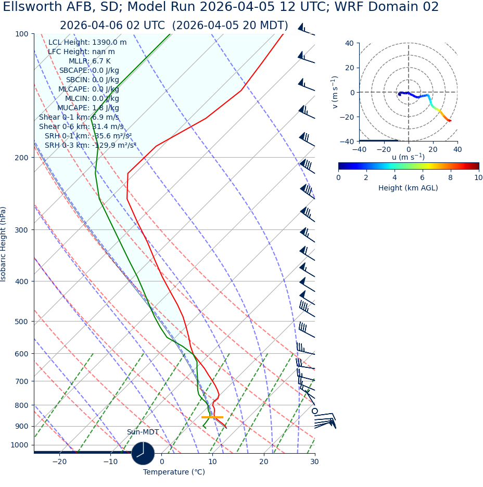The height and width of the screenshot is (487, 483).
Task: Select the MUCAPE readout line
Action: [88, 108]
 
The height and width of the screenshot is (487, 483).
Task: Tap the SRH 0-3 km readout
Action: [90, 145]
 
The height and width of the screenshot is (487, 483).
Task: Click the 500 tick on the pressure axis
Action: [21, 322]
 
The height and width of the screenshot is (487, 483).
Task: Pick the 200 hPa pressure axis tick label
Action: [21, 158]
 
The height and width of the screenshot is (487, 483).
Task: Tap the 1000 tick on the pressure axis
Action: [19, 445]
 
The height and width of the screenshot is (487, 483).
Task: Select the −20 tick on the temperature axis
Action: [59, 462]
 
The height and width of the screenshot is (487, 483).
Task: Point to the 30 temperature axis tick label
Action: [314, 462]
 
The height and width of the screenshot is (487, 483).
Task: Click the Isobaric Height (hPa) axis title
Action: [4, 244]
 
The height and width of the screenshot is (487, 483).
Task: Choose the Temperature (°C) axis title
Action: [174, 472]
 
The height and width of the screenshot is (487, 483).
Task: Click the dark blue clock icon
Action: [143, 453]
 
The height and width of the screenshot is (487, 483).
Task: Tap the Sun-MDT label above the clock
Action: [143, 432]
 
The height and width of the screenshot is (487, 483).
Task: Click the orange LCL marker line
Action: [212, 417]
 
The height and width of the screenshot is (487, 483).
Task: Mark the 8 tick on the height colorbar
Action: [450, 177]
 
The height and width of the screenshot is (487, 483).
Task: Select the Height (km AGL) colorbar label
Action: [408, 188]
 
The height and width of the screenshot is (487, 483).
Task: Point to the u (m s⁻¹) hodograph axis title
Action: [408, 157]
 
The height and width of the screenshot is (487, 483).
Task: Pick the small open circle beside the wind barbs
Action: [314, 411]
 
